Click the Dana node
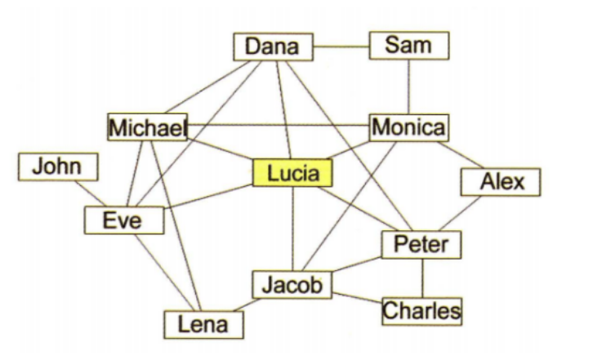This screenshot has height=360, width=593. tap(273, 47)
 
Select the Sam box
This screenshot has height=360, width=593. tap(409, 46)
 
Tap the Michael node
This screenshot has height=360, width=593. tap(148, 127)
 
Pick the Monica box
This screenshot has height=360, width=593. tap(409, 128)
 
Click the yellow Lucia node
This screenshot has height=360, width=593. tap(292, 173)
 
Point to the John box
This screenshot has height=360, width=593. tap(58, 167)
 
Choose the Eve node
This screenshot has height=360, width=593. tap(124, 220)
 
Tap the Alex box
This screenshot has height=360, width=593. tap(501, 182)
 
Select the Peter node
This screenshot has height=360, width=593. tap(421, 245)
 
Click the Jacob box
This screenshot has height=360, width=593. tap(292, 285)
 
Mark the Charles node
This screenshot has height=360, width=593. tap(422, 311)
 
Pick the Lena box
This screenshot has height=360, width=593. tap(204, 325)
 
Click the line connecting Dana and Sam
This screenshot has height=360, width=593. tap(341, 47)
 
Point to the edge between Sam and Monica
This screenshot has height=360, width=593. tap(409, 87)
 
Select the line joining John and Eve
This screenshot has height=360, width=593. tap(91, 193)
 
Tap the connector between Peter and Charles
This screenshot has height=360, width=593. tap(423, 278)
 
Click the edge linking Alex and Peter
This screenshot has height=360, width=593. tap(460, 213)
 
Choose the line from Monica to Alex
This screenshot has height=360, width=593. tap(460, 155)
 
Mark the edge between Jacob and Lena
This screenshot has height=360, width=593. tap(247, 305)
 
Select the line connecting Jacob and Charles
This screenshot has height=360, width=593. tap(358, 298)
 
